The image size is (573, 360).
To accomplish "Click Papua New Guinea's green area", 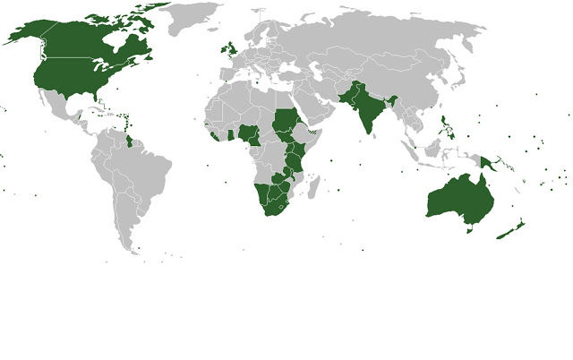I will pos(487,164).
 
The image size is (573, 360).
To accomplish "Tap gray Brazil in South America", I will pos(143,175).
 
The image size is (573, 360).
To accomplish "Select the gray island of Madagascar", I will pos(314,191).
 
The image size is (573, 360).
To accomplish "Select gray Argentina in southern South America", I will pos(125,224).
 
